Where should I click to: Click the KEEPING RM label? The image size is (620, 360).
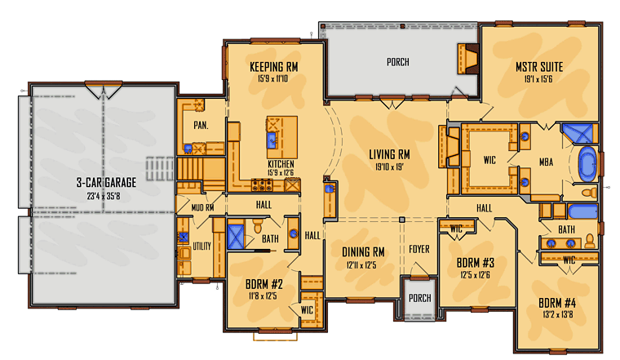[273, 67]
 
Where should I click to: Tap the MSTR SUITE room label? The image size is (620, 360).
[539, 67]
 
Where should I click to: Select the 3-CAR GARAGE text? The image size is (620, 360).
[106, 182]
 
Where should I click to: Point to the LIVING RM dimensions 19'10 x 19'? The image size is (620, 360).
[389, 167]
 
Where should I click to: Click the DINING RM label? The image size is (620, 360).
[363, 252]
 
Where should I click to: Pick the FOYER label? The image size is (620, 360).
[419, 249]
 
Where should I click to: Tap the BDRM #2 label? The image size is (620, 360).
[264, 284]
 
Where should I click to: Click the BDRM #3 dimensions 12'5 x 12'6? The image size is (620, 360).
[476, 274]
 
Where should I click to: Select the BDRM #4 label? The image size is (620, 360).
[557, 303]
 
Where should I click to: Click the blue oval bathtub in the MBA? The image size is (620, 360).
[588, 164]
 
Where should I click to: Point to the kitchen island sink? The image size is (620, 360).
[272, 140]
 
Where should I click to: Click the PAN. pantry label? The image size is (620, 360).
[201, 126]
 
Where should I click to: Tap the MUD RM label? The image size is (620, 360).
[202, 207]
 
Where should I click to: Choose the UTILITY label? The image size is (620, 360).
[201, 247]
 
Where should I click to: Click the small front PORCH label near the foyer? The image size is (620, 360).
[420, 298]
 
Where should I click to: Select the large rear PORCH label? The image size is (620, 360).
[398, 62]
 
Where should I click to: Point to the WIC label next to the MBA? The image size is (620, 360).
[489, 160]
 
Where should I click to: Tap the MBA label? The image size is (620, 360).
[546, 162]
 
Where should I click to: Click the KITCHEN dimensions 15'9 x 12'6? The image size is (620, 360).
[281, 172]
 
